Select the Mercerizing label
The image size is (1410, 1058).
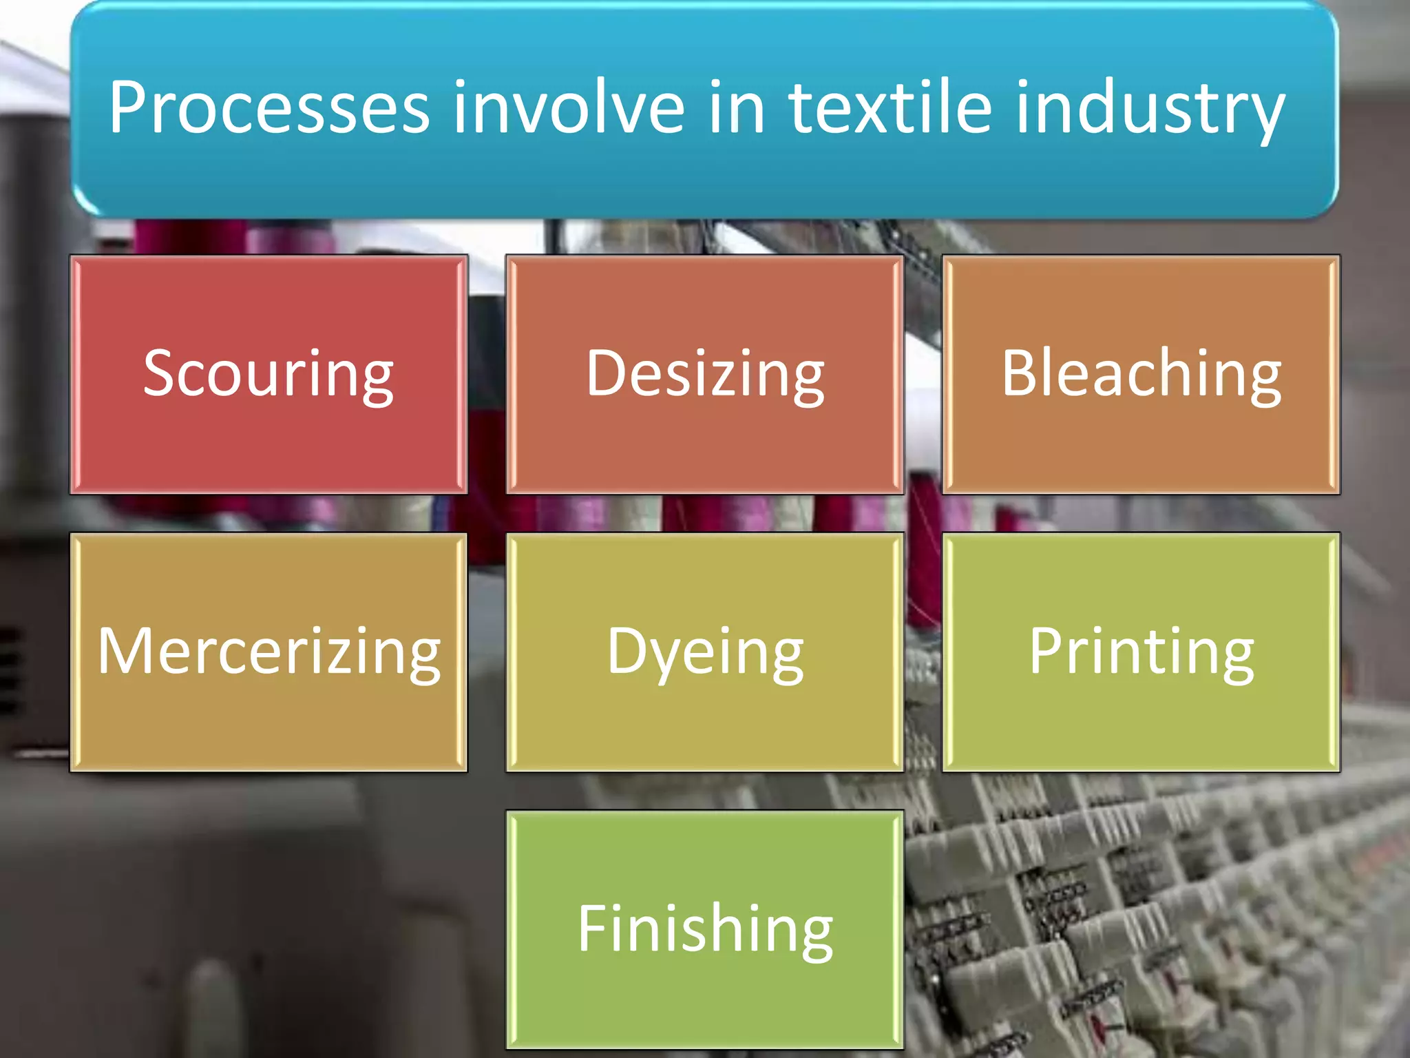[x=269, y=652]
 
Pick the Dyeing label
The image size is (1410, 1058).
[x=705, y=652]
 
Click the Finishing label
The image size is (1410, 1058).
[x=705, y=929]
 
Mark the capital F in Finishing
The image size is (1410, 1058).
[x=593, y=928]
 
